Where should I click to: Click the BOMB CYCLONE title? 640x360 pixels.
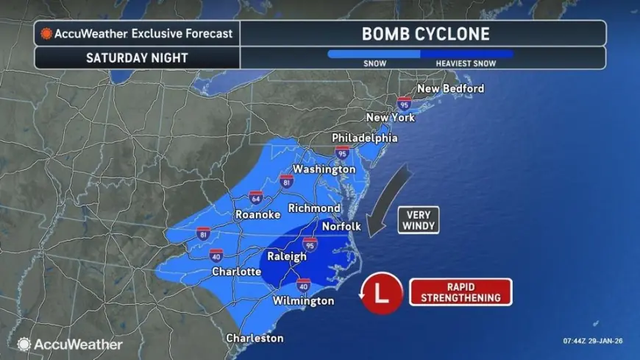click(425, 33)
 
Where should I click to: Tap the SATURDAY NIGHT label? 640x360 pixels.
click(138, 57)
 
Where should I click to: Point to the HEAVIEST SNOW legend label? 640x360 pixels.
click(465, 64)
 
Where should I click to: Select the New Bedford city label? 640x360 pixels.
click(450, 88)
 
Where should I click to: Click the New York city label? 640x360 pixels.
click(391, 117)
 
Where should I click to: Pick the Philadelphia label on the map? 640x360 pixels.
click(364, 138)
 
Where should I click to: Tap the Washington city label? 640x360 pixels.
click(324, 169)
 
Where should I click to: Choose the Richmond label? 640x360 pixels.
click(313, 208)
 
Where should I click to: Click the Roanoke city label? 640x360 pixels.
click(257, 215)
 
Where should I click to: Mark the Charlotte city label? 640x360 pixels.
click(236, 271)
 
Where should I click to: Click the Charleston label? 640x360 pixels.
click(255, 338)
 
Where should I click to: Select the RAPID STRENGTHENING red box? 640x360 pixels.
click(461, 292)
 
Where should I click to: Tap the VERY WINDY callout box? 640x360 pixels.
click(418, 219)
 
